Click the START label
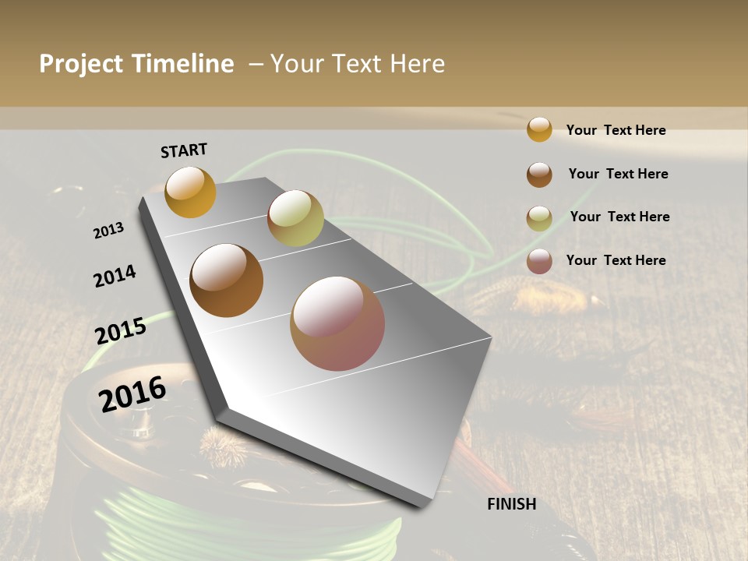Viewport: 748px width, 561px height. (x=184, y=150)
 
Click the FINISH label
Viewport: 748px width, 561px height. (x=511, y=504)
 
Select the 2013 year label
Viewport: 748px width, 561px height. (x=108, y=230)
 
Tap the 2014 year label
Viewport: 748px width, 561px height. (x=115, y=276)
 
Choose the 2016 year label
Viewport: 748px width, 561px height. (x=132, y=393)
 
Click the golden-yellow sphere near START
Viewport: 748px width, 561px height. (x=190, y=192)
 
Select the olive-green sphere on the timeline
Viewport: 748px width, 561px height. (x=295, y=218)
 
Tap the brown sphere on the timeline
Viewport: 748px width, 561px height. (x=226, y=280)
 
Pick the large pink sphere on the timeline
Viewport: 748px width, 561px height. (x=337, y=323)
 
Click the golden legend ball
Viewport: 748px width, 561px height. (x=539, y=129)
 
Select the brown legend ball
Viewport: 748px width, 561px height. (x=539, y=175)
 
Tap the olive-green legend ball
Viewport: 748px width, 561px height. (x=539, y=218)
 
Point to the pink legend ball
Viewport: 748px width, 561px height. (x=539, y=261)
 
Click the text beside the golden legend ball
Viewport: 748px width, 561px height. (x=616, y=130)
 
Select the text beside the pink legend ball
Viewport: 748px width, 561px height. (x=616, y=260)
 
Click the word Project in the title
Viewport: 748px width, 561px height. (x=80, y=64)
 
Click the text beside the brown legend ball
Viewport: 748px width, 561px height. (x=618, y=174)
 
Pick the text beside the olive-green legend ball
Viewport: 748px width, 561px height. (x=619, y=217)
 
